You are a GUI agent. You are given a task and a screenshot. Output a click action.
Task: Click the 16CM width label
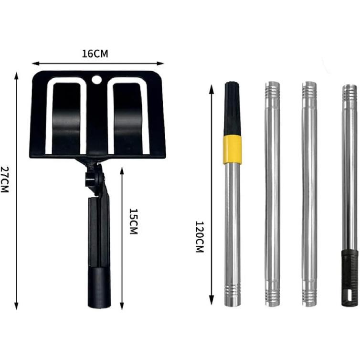click(95, 54)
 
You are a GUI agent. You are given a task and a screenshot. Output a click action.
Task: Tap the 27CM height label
click(5, 180)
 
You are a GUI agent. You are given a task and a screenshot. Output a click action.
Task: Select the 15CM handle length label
click(133, 222)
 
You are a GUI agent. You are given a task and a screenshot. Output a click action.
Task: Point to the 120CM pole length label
click(200, 237)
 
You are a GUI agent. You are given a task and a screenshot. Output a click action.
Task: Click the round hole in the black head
click(96, 80)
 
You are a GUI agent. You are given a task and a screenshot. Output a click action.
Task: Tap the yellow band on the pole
click(233, 149)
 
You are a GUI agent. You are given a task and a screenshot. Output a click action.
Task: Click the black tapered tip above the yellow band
click(232, 108)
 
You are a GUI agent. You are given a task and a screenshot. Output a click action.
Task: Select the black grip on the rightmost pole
click(349, 278)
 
